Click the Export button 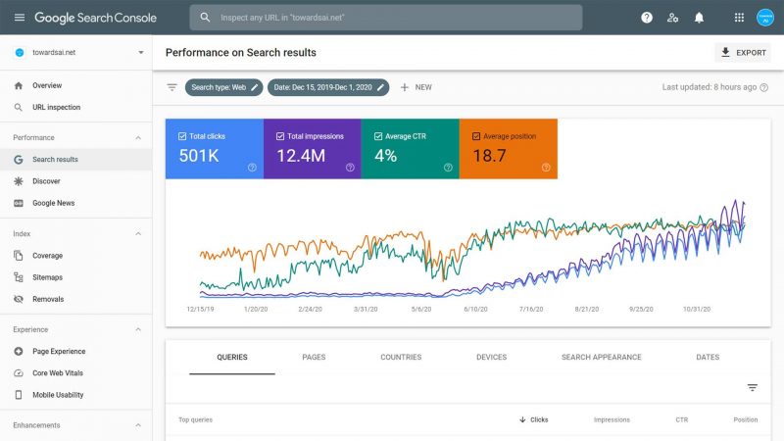[x=743, y=53]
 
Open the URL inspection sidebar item [x=56, y=107]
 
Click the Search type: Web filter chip [x=224, y=87]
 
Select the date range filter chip [x=330, y=87]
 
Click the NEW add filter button [x=416, y=87]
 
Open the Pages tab [x=314, y=358]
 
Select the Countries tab [x=401, y=358]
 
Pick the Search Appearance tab [x=601, y=358]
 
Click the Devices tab [x=491, y=358]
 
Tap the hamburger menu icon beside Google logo [x=19, y=18]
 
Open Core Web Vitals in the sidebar [x=64, y=373]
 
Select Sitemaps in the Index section [x=48, y=277]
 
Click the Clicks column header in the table [x=534, y=419]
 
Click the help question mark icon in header [x=647, y=18]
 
